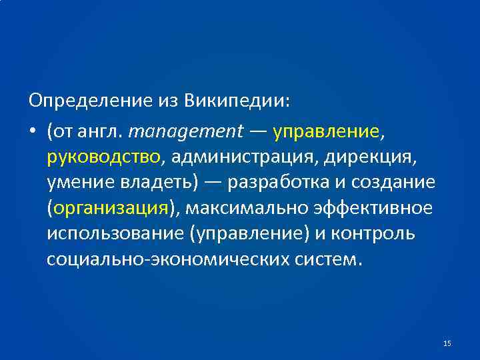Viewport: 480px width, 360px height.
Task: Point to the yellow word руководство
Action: [x=103, y=157]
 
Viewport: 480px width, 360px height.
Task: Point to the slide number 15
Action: [x=447, y=343]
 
